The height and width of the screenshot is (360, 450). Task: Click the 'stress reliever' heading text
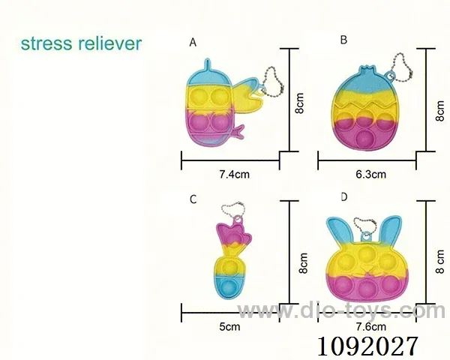(x=82, y=43)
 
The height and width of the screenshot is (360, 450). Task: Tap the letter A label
(x=193, y=43)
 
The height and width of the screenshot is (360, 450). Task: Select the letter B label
(x=343, y=40)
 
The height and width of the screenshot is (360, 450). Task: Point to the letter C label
(x=193, y=199)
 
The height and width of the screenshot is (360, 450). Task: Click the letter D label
(x=343, y=197)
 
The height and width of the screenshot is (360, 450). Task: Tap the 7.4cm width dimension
(x=234, y=174)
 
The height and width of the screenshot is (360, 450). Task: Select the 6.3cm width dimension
(x=370, y=174)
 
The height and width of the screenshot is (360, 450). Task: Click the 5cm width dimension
(x=229, y=327)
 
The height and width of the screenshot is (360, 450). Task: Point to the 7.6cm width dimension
(x=370, y=327)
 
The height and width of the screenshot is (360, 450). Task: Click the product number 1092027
(x=367, y=346)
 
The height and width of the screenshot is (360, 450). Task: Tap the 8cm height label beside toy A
(x=299, y=103)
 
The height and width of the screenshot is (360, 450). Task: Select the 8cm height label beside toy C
(x=303, y=263)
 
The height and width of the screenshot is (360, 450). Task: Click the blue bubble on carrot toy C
(x=229, y=288)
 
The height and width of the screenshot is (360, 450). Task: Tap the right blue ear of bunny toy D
(x=389, y=232)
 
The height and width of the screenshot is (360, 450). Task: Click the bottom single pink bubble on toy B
(x=364, y=138)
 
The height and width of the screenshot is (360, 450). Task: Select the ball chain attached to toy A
(x=273, y=83)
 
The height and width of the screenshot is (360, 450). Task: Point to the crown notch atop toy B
(x=366, y=68)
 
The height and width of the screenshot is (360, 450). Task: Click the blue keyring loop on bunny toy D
(x=366, y=236)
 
